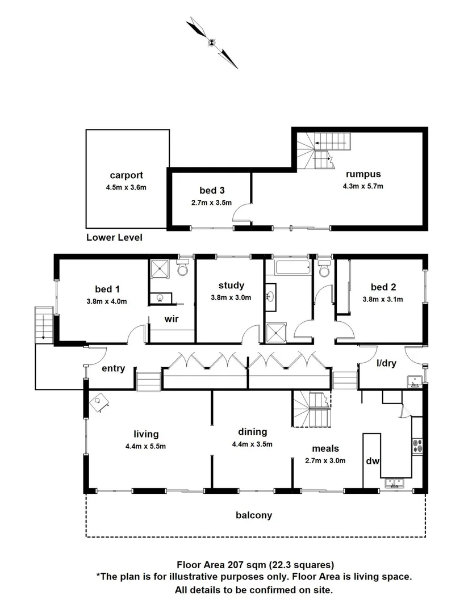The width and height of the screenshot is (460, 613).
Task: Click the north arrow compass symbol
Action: click(x=211, y=42)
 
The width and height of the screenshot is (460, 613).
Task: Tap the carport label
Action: click(x=127, y=175)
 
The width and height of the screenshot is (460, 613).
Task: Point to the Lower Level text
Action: click(x=114, y=237)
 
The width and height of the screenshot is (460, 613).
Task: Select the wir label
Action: click(x=172, y=319)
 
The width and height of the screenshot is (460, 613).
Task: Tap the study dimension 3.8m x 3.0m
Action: click(x=231, y=297)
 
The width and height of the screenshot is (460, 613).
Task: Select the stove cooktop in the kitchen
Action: click(x=418, y=445)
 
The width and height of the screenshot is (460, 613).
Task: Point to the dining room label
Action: click(x=253, y=432)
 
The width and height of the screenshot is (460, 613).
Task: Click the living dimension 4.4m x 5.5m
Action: click(x=146, y=446)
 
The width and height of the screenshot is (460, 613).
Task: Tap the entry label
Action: click(x=113, y=368)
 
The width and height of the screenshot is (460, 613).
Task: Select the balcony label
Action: click(x=254, y=515)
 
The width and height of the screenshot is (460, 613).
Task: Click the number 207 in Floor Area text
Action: click(x=236, y=565)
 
